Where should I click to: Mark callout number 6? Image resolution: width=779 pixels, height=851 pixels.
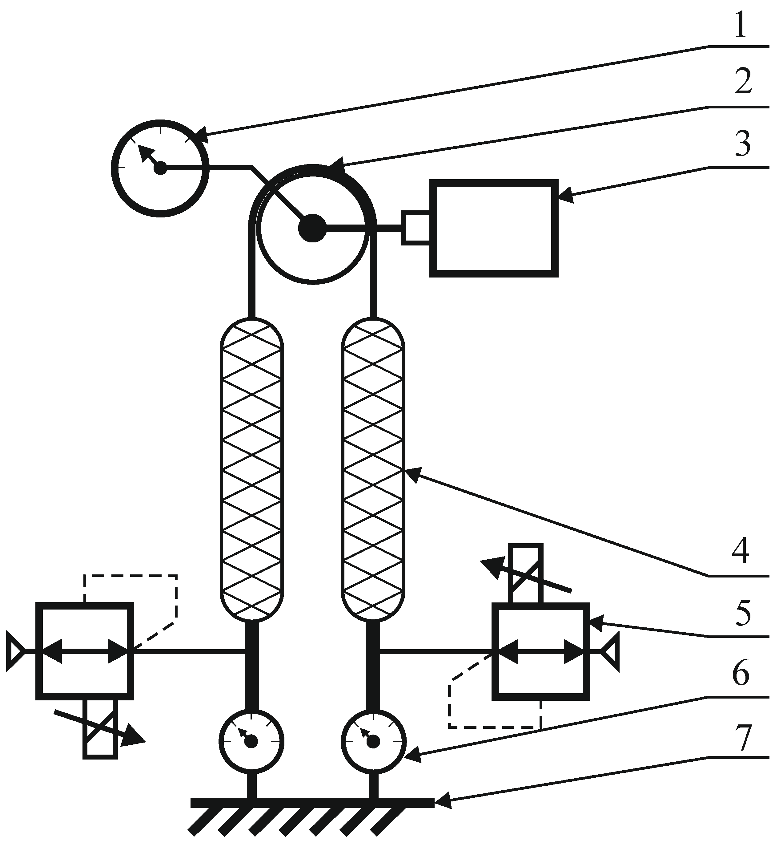tap(741, 676)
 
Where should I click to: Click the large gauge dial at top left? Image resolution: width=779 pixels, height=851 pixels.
tap(160, 168)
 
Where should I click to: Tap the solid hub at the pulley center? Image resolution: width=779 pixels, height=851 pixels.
tap(312, 228)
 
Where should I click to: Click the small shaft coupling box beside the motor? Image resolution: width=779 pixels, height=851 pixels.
tap(416, 228)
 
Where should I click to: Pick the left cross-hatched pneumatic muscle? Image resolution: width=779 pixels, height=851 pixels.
tap(252, 469)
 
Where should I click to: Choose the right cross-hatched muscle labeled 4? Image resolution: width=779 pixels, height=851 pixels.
tap(373, 469)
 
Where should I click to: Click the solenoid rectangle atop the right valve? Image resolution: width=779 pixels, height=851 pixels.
tap(525, 574)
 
